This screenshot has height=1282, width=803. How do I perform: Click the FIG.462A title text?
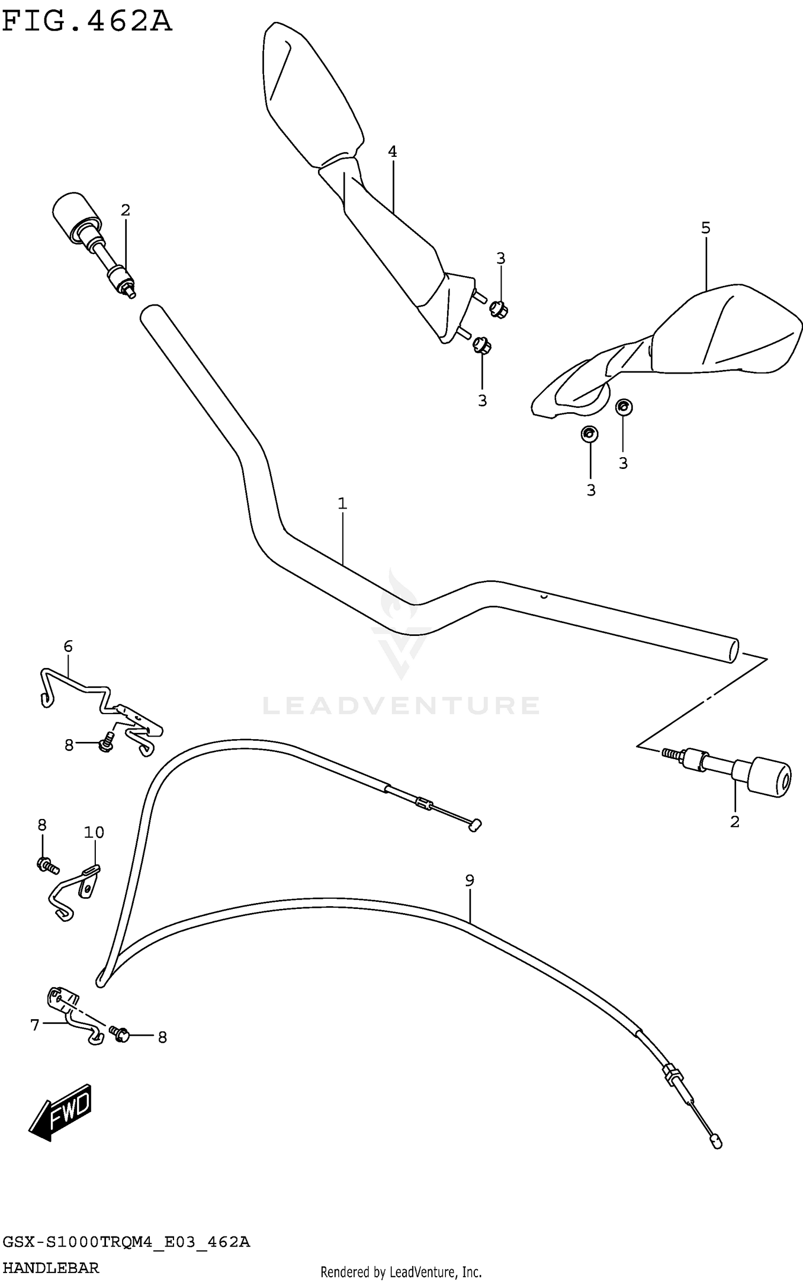tap(87, 22)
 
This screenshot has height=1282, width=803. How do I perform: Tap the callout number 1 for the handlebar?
tap(342, 504)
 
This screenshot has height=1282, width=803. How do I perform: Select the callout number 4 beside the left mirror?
tap(392, 152)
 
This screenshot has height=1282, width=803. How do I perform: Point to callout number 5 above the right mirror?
tap(706, 228)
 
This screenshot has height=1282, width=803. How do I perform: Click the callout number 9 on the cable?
tap(469, 881)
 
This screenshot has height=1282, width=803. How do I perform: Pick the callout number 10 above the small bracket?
tap(94, 832)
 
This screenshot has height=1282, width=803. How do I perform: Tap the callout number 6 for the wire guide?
tap(68, 647)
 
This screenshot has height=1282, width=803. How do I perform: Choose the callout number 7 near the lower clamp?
tap(35, 1025)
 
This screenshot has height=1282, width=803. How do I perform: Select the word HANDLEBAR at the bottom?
tap(51, 1268)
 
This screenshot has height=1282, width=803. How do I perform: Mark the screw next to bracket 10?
tap(47, 864)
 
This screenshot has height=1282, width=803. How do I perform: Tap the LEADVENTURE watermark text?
tap(401, 706)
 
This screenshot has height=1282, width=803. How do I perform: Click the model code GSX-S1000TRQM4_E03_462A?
tap(126, 1242)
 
